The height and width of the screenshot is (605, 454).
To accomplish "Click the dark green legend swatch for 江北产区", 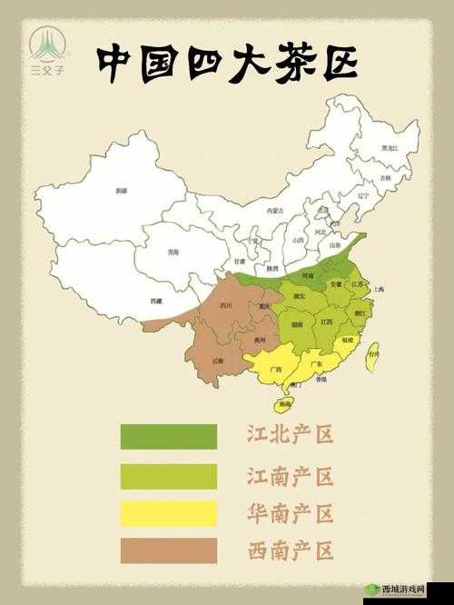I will pyautogui.click(x=168, y=436).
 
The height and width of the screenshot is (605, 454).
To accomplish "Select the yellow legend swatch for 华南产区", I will pyautogui.click(x=168, y=513).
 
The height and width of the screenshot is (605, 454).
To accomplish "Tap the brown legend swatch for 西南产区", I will pyautogui.click(x=168, y=550).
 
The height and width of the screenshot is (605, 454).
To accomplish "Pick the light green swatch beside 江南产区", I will pyautogui.click(x=168, y=476).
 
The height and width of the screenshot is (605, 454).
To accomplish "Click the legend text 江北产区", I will pyautogui.click(x=291, y=434).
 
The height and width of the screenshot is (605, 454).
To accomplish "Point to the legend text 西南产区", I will pyautogui.click(x=291, y=550).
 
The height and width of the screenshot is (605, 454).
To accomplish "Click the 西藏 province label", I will pyautogui.click(x=156, y=301).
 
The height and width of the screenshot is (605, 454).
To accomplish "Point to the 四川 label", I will pyautogui.click(x=225, y=306).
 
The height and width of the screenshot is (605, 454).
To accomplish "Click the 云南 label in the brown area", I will pyautogui.click(x=218, y=360).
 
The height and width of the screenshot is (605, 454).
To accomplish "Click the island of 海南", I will pyautogui.click(x=285, y=402).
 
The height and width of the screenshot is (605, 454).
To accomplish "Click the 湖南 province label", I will pyautogui.click(x=297, y=323).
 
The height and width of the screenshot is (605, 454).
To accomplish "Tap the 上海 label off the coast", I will pyautogui.click(x=379, y=288).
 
